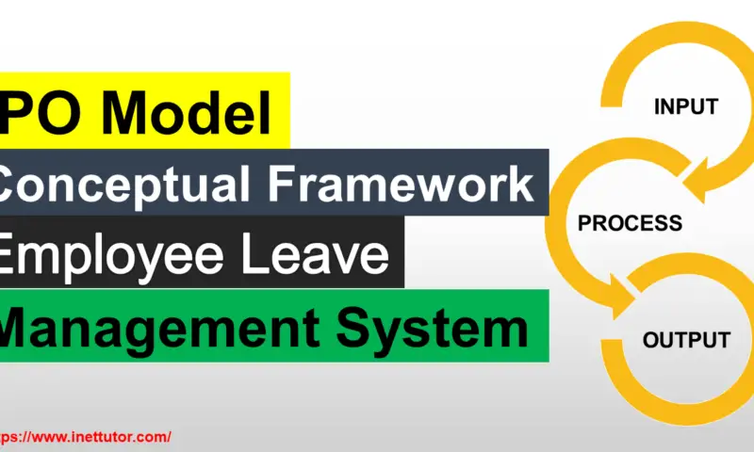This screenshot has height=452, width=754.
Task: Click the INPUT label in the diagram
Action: (686, 107)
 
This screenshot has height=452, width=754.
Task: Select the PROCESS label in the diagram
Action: (630, 224)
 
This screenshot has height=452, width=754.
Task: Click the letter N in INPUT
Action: (669, 107)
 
